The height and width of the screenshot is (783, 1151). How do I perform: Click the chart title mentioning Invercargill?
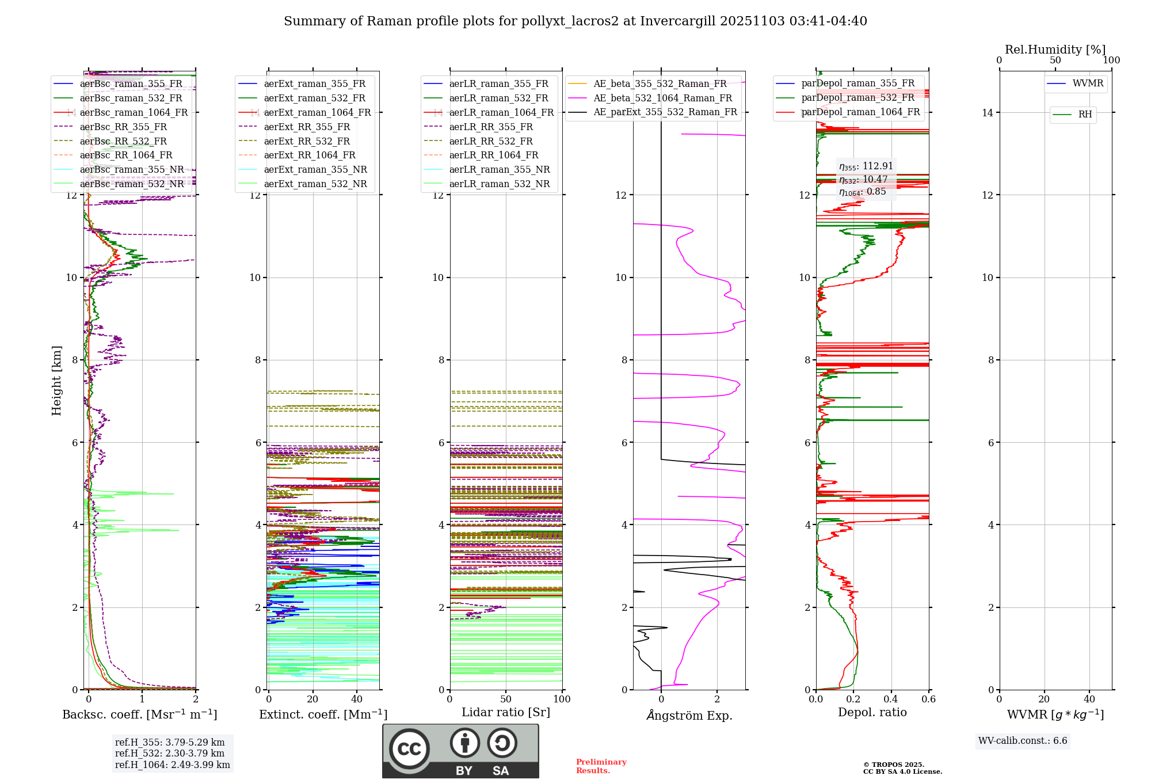tap(575, 21)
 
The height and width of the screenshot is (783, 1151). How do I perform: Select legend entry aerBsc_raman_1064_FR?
tap(134, 112)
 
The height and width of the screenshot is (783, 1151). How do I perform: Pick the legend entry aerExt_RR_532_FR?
tap(307, 141)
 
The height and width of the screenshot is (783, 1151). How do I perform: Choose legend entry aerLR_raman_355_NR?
tap(500, 169)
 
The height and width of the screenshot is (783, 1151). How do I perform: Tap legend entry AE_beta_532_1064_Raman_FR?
tap(662, 98)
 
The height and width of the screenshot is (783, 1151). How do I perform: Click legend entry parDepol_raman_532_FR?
tap(857, 98)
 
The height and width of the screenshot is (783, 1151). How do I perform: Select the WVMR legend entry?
tap(1088, 83)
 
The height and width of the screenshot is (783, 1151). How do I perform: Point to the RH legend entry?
tap(1085, 115)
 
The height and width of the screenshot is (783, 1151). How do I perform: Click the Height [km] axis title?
tap(56, 380)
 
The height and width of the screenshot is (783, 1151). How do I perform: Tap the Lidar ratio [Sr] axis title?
tap(506, 712)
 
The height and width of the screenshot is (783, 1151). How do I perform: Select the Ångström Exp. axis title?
tap(689, 715)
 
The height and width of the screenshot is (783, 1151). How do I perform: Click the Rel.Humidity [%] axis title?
tap(1055, 50)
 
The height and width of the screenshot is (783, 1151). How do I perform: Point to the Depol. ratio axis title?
tap(872, 712)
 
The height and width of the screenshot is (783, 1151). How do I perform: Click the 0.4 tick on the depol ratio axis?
tap(891, 699)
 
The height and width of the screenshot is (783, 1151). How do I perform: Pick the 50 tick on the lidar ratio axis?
tap(506, 699)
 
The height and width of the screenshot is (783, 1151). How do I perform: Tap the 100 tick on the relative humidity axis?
tap(1111, 60)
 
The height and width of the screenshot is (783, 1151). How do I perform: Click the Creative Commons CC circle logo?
tap(409, 748)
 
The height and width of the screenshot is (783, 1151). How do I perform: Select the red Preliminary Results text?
tap(601, 766)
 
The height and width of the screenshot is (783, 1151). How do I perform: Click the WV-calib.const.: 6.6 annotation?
tap(1023, 741)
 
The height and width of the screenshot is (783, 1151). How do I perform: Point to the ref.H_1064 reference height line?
tap(172, 765)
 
